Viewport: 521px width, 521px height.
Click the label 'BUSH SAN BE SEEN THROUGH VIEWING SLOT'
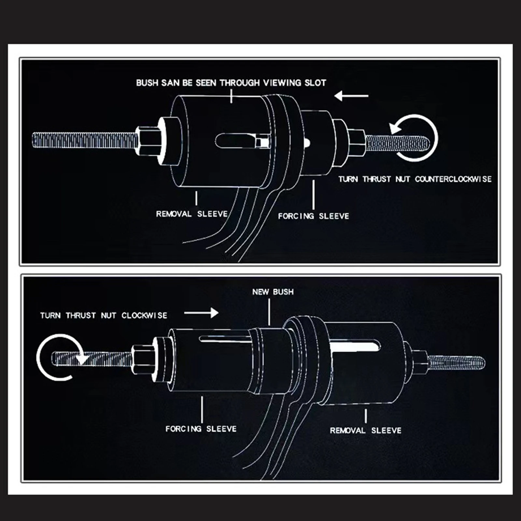[x=231, y=83]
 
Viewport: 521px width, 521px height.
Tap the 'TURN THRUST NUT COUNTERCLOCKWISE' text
[x=415, y=179]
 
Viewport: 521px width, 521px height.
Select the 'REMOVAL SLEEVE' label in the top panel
[x=192, y=214]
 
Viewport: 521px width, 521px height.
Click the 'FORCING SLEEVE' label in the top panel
[x=313, y=216]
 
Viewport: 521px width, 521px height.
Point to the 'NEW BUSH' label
[x=273, y=292]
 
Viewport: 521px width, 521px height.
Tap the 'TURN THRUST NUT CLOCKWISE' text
[x=104, y=316]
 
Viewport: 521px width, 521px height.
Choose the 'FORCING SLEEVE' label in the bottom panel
[x=201, y=429]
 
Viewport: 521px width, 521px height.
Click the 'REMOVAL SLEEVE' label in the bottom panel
[x=366, y=430]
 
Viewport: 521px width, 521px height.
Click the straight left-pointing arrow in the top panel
[x=351, y=96]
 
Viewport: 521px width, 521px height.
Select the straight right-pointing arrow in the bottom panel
[x=201, y=313]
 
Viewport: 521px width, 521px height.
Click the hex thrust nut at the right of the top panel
[x=356, y=142]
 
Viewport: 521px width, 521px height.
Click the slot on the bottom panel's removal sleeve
[x=355, y=347]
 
